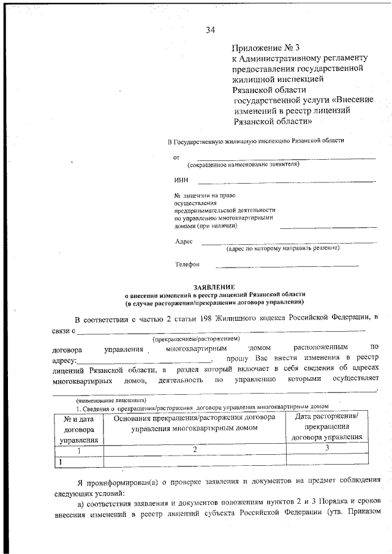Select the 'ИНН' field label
pyautogui.click(x=181, y=181)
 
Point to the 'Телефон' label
pyautogui.click(x=187, y=264)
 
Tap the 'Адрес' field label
pyautogui.click(x=184, y=241)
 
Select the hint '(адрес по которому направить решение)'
pyautogui.click(x=282, y=249)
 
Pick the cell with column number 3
pyautogui.click(x=327, y=448)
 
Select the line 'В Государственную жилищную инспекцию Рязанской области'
pyautogui.click(x=256, y=141)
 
